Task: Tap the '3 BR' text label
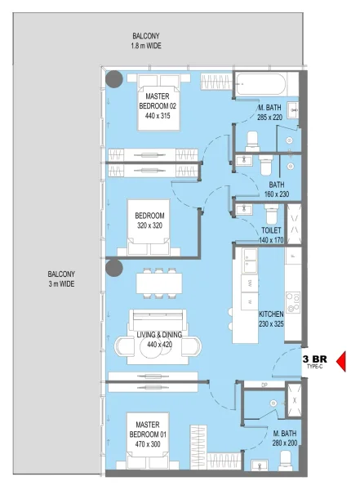coord(315,358)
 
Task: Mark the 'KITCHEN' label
coord(272,314)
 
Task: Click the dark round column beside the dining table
coord(113,268)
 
